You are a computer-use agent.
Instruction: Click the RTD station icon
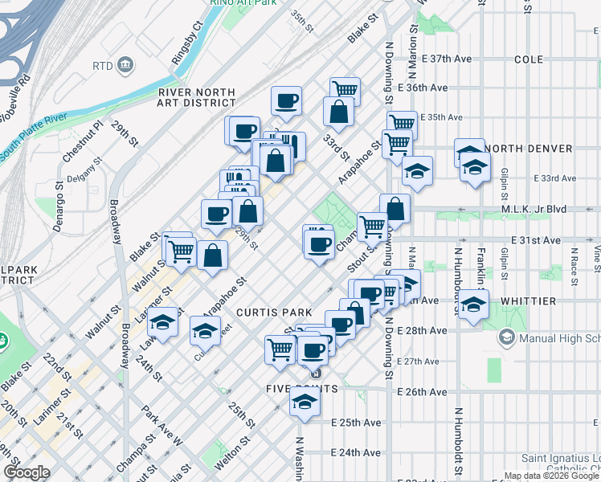click(x=125, y=64)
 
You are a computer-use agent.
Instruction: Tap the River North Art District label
click(x=197, y=97)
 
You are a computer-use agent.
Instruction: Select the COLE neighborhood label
click(x=528, y=59)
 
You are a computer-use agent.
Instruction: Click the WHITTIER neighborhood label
click(x=528, y=300)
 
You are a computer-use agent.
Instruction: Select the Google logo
click(x=27, y=472)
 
